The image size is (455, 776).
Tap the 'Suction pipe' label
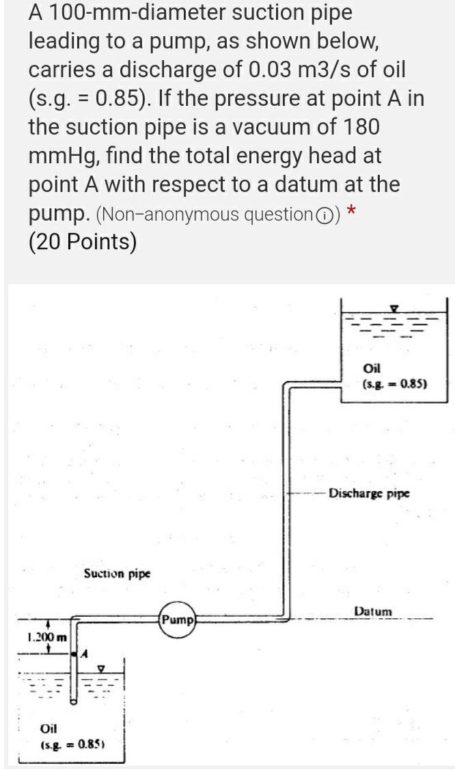click(117, 573)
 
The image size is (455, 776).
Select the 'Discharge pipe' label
click(369, 493)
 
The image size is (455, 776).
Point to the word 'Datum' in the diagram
click(373, 610)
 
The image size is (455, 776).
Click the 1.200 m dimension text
click(47, 638)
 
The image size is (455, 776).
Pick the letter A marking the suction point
click(85, 654)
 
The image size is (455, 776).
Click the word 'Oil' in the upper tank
click(372, 369)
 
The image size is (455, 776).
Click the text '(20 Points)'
click(82, 242)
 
